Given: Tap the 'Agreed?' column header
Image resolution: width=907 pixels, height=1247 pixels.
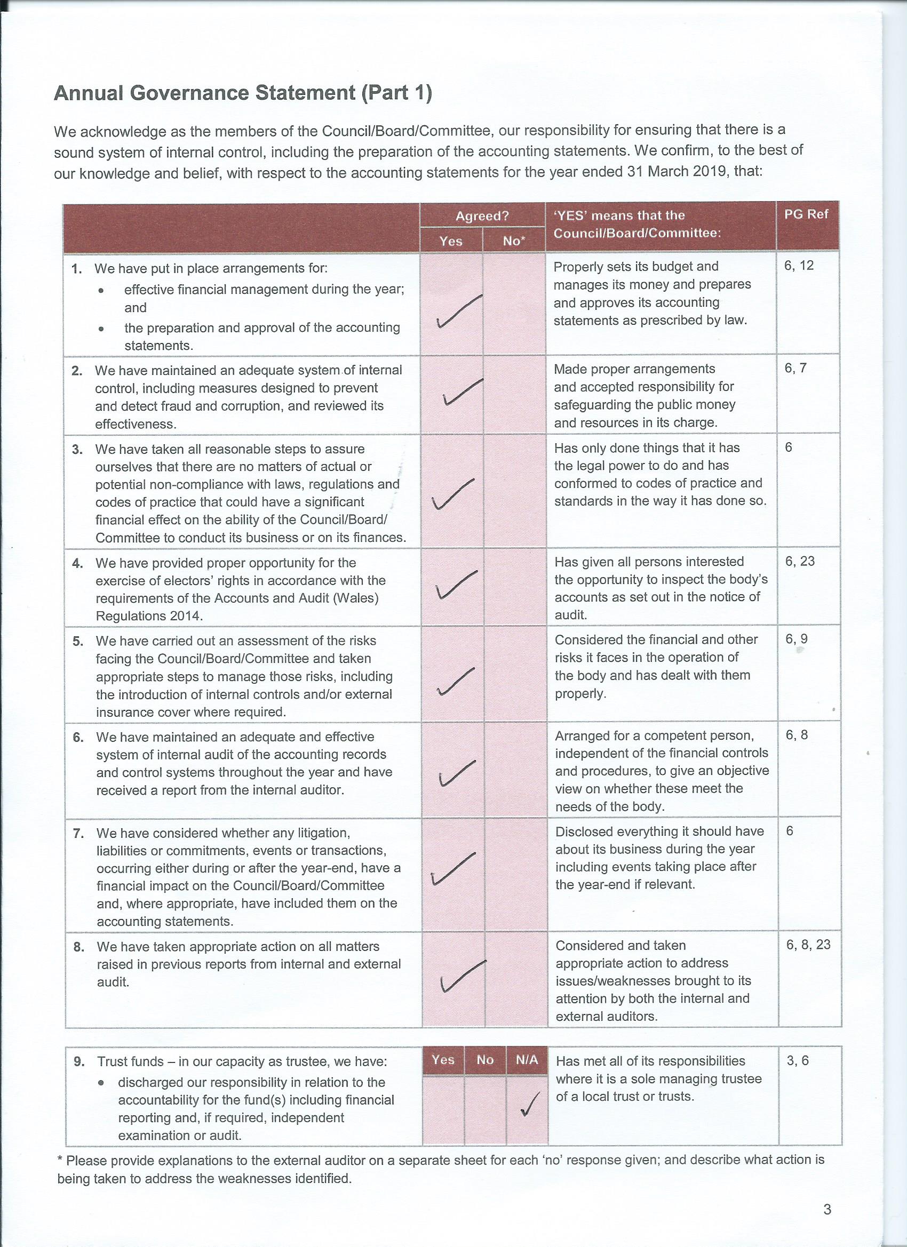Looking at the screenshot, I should (x=482, y=216).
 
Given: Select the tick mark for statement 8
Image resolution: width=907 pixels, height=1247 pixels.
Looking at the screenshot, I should (x=462, y=976).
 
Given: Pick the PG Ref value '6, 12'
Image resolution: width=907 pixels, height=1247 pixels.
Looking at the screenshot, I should (x=799, y=266).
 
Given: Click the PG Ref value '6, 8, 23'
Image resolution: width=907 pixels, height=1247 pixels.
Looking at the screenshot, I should (x=808, y=945).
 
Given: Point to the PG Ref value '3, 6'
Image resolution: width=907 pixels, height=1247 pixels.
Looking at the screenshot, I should (x=798, y=1061).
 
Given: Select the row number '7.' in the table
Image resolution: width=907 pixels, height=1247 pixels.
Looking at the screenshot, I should (x=78, y=833).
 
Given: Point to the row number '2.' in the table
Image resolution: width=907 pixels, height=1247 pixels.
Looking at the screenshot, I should (x=76, y=371).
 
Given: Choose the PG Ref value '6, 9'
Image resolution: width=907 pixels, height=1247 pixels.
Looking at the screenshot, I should (x=797, y=639).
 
